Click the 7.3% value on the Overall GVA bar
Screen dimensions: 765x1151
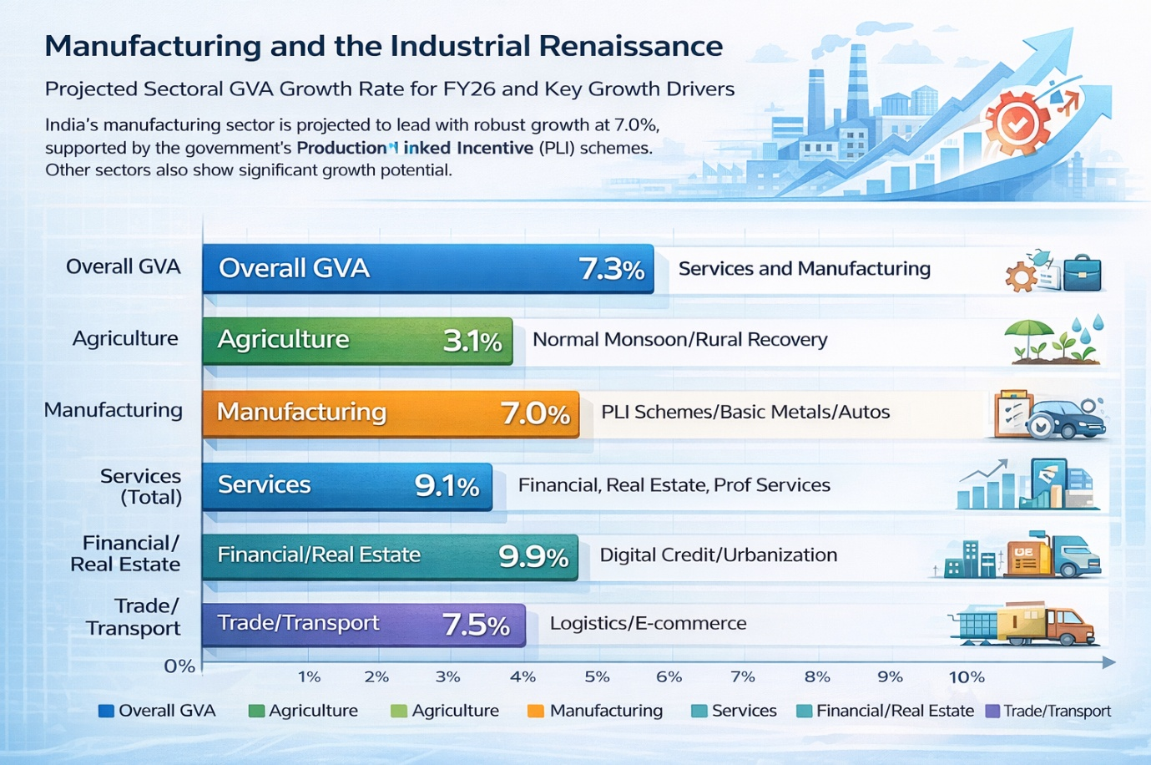click(612, 269)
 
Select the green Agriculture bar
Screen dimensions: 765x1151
click(357, 341)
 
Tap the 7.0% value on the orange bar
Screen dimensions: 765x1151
click(535, 413)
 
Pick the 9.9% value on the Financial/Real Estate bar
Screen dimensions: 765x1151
click(533, 556)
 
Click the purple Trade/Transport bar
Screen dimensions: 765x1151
click(363, 625)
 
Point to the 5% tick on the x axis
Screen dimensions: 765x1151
click(597, 676)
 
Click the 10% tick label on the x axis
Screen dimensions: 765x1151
click(966, 676)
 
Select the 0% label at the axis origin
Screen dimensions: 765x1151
click(179, 666)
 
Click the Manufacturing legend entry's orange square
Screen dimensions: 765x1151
click(536, 711)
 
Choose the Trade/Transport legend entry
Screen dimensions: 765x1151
click(1048, 711)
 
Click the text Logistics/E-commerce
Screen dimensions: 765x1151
click(648, 624)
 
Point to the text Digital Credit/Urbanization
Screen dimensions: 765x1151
click(718, 555)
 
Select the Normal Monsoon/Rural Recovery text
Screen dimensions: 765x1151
click(679, 340)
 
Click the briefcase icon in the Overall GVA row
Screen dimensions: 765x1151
click(1083, 273)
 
